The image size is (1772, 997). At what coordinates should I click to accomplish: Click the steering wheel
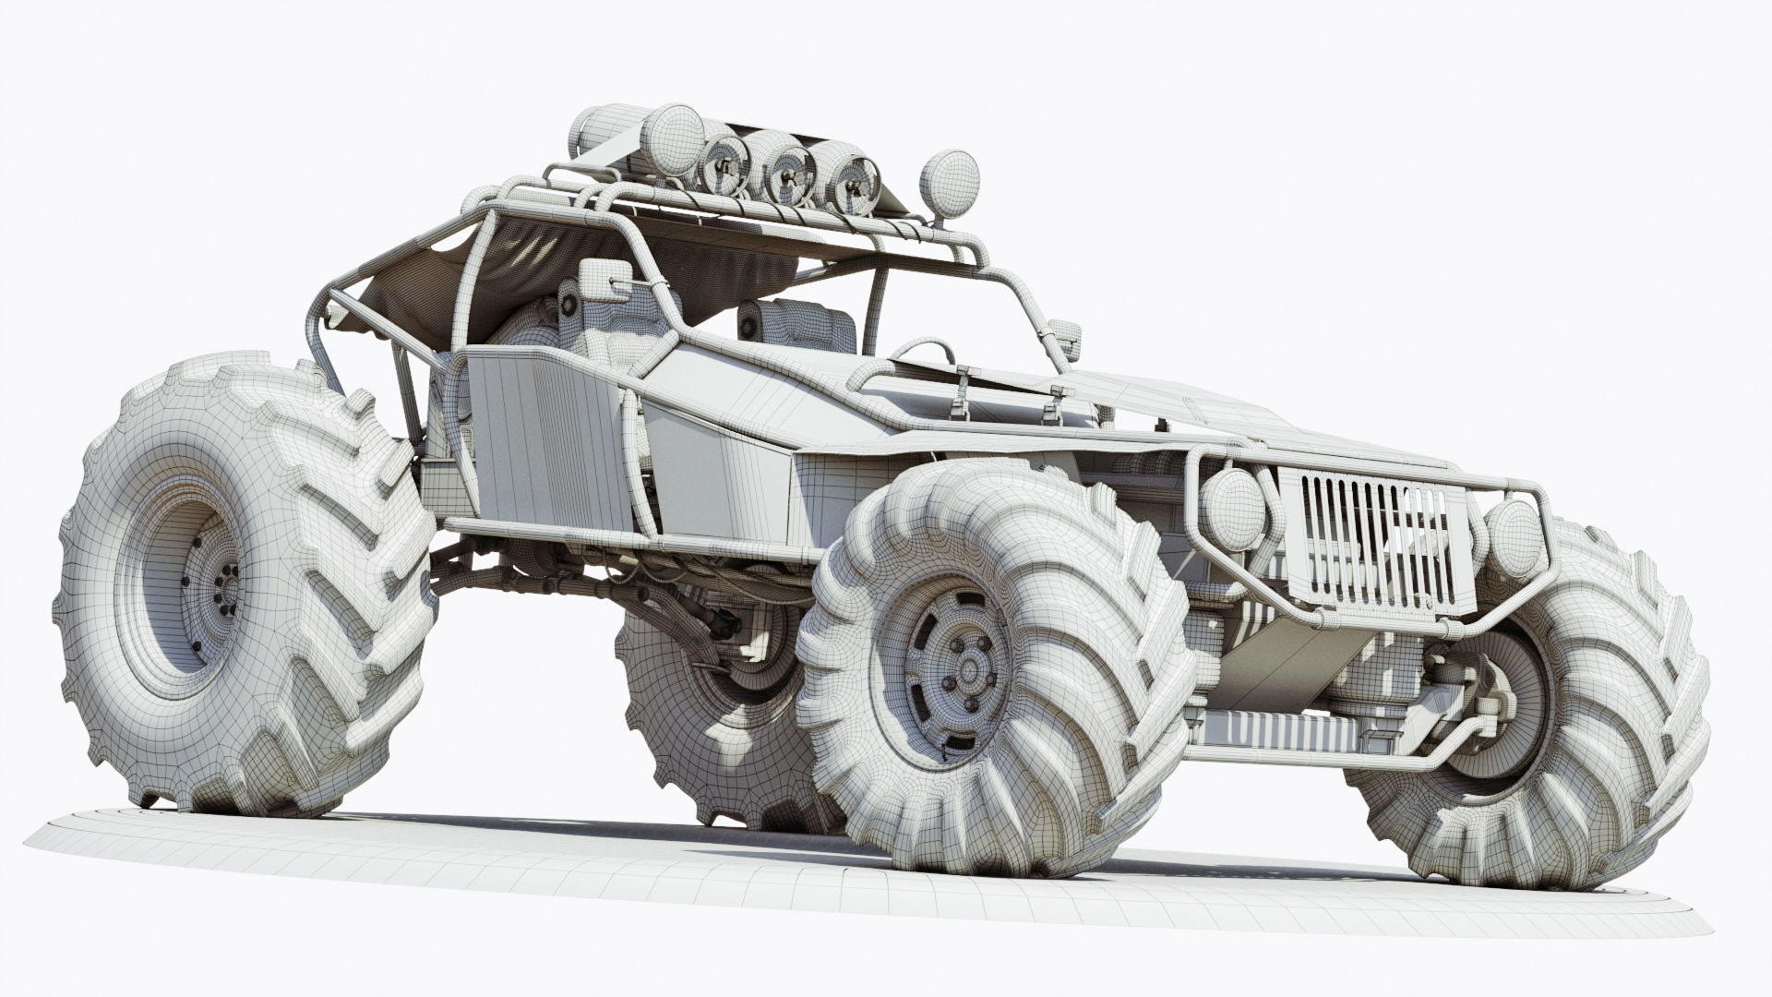tap(917, 355)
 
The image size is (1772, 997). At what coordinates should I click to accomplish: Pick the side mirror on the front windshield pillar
tap(1069, 336)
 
